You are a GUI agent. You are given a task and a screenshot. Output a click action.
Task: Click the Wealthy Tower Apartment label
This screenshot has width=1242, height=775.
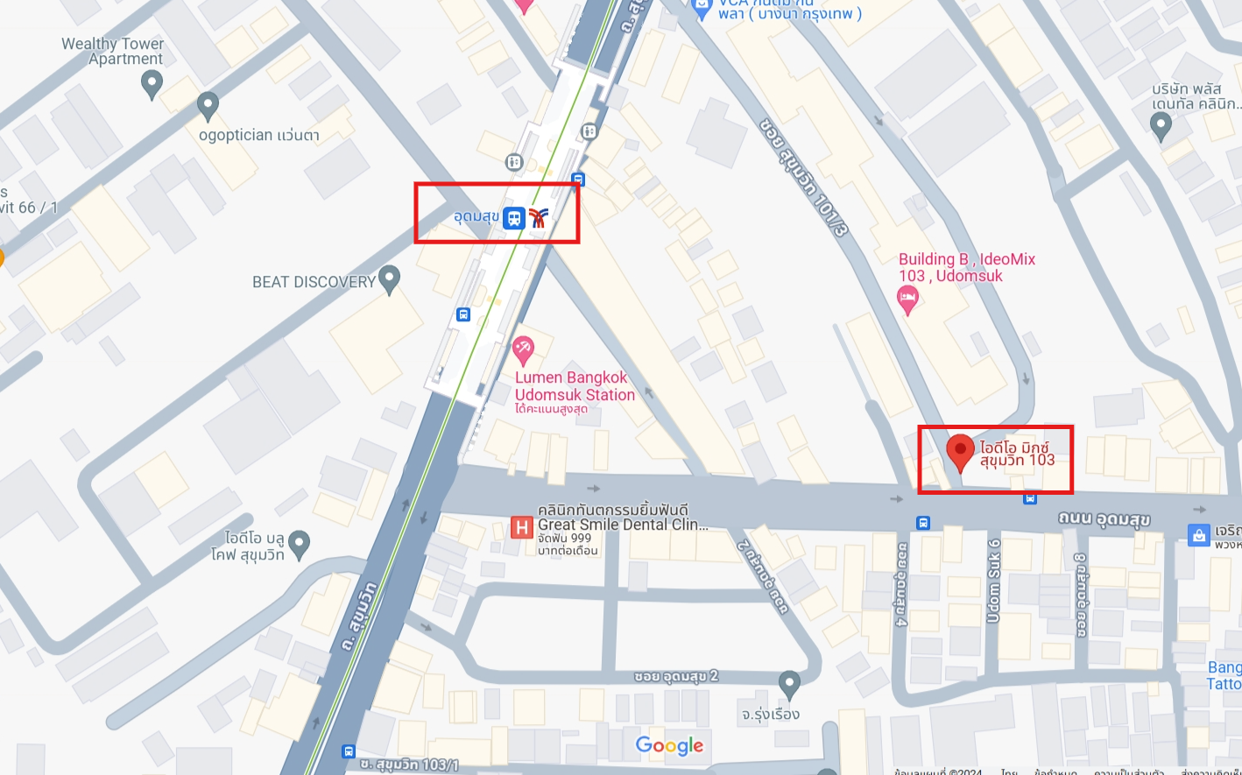click(112, 51)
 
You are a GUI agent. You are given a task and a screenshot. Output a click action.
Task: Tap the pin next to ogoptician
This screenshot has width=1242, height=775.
click(208, 106)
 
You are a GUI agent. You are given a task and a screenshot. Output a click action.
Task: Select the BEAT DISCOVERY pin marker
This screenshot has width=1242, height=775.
click(390, 279)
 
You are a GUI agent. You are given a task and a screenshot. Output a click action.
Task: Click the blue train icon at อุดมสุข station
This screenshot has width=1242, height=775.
click(514, 218)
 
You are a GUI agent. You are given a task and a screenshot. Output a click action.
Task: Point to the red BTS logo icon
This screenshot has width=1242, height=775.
click(538, 218)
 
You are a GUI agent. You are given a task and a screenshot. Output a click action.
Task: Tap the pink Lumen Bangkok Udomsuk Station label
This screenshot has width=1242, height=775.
click(575, 386)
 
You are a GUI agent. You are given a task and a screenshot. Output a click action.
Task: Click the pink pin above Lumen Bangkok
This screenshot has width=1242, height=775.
click(523, 350)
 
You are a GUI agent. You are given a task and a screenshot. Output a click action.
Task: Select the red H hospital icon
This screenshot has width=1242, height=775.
click(522, 527)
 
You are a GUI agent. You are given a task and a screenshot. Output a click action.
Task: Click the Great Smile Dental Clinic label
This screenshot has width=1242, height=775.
click(622, 524)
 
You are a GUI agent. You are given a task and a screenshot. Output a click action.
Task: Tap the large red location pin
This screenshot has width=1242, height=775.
click(961, 452)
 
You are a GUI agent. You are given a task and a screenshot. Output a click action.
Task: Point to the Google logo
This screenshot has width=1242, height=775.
click(669, 745)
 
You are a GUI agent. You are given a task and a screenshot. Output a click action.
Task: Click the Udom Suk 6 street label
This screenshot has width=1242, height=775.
click(993, 581)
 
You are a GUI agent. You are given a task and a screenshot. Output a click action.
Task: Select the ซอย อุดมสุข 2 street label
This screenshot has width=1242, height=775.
click(676, 676)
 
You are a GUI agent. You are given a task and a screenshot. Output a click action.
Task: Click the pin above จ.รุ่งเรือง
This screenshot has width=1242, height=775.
click(789, 683)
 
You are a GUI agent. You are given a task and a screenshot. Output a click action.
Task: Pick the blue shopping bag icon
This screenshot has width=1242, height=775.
click(1198, 534)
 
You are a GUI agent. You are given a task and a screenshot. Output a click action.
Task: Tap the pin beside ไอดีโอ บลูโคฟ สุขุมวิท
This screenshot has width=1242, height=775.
click(300, 544)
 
